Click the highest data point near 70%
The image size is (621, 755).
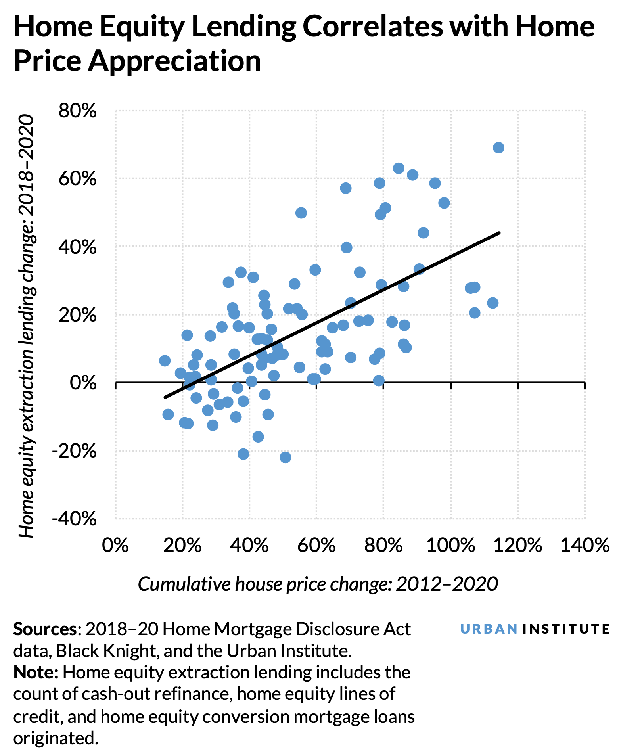point(498,148)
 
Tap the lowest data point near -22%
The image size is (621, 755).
point(285,457)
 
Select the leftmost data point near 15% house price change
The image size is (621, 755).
point(165,360)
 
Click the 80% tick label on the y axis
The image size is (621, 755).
point(78,111)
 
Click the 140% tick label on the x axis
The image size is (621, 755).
point(585,546)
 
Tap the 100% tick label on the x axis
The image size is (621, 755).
point(450,546)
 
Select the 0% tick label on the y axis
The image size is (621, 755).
point(83,383)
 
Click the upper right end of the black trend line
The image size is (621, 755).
point(499,233)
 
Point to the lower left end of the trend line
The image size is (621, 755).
point(165,397)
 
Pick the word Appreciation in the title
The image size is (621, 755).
point(174,61)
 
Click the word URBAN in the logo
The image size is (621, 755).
point(489,629)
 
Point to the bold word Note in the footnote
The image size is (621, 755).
point(36,673)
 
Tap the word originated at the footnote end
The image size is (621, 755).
point(55,738)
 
